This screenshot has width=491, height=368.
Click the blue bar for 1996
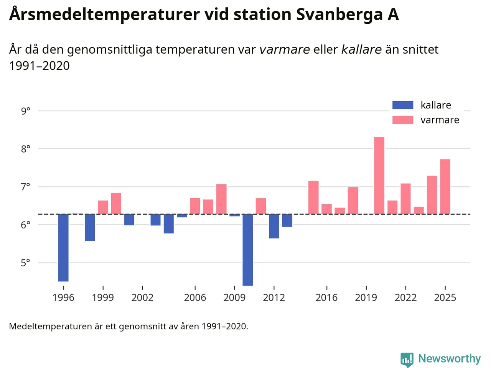tap(63, 248)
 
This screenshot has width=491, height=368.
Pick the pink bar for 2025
tap(445, 187)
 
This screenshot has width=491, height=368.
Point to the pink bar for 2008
tap(221, 199)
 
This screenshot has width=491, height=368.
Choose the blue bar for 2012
tap(274, 226)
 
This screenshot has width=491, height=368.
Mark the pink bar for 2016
tap(326, 209)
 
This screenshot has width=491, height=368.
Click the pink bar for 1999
tap(103, 207)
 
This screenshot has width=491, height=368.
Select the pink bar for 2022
tap(405, 199)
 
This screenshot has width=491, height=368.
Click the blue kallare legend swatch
tap(403, 105)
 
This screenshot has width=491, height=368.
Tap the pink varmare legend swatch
tap(403, 120)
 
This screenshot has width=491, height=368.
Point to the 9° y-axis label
tap(26, 111)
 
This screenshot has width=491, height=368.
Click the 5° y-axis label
tap(26, 263)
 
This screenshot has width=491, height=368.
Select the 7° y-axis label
tap(26, 187)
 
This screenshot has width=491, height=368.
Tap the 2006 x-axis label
tap(195, 297)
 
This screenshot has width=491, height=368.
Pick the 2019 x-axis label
tap(366, 297)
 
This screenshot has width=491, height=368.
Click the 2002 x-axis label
tap(142, 297)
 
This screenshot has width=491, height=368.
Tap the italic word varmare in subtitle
tap(285, 49)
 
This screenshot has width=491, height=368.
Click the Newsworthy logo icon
tap(407, 360)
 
